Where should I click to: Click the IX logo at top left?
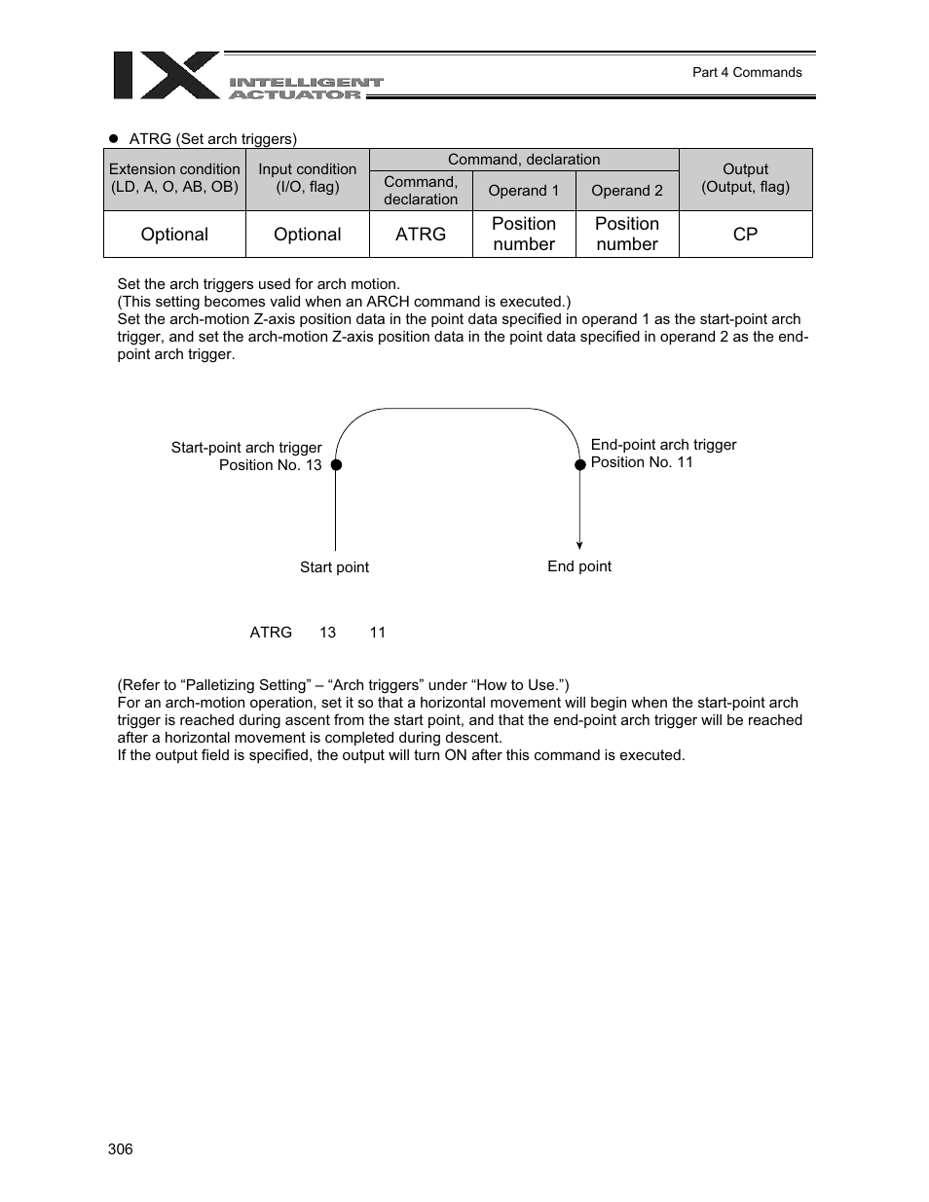166,76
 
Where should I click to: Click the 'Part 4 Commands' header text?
746,72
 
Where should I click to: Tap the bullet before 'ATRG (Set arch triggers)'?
113,138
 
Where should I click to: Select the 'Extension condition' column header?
174,178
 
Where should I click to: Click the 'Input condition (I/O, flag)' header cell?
307,178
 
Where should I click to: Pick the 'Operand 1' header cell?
523,191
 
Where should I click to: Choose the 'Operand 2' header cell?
626,191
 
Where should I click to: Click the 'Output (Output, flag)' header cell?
745,178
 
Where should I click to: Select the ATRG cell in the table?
421,235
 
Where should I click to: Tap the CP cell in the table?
745,235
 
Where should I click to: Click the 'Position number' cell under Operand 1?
523,235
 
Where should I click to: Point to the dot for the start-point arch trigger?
336,465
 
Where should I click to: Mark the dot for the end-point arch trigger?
580,464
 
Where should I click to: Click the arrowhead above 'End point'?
579,545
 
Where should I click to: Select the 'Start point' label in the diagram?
334,567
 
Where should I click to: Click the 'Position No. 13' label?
270,465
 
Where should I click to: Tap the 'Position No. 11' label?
642,462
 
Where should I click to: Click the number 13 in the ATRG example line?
327,633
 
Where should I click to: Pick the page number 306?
121,1149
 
